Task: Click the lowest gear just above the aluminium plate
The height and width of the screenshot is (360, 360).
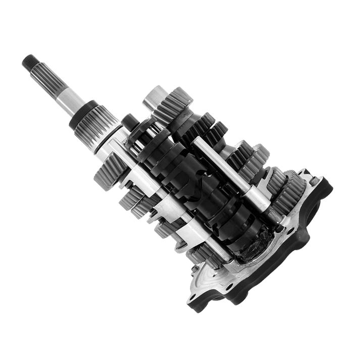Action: [x=202, y=258]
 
